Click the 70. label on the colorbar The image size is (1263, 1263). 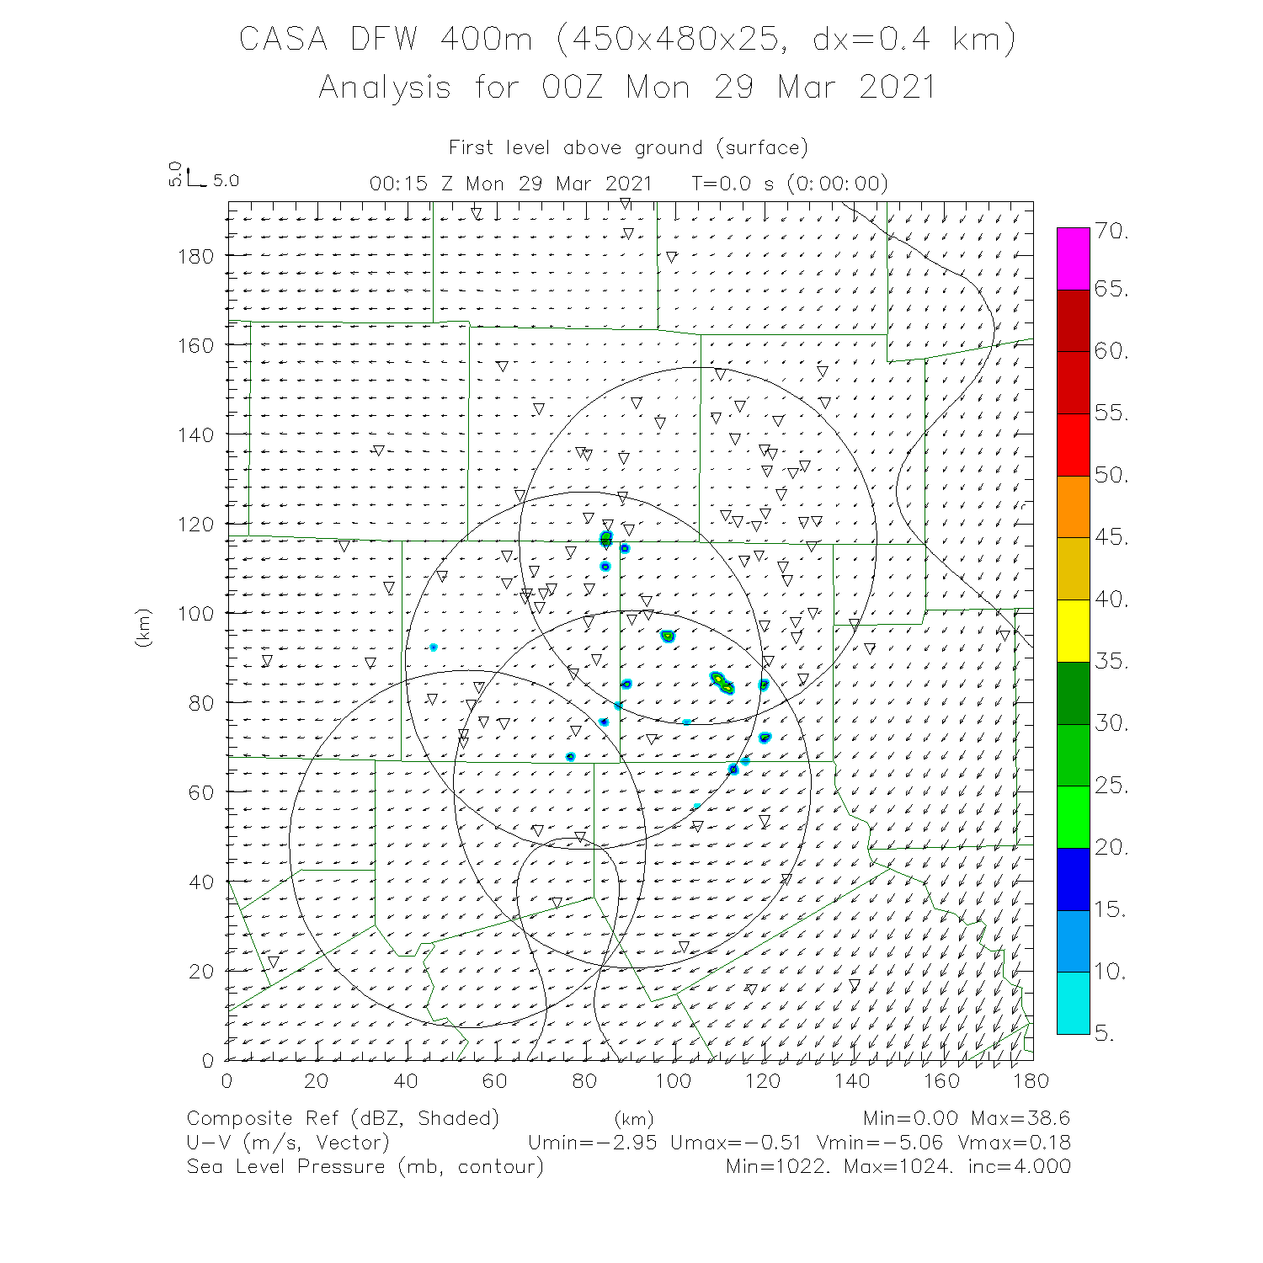click(1111, 232)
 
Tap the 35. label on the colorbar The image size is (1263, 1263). click(1111, 661)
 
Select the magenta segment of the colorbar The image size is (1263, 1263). click(1073, 259)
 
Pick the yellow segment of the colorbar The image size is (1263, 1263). click(1073, 630)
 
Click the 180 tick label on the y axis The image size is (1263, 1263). click(195, 256)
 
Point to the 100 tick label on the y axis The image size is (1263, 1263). click(195, 613)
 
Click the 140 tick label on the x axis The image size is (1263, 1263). click(852, 1081)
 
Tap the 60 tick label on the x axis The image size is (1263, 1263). click(495, 1081)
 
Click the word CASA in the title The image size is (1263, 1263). click(283, 40)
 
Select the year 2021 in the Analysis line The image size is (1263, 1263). click(898, 88)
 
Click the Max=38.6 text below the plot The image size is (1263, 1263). click(1020, 1118)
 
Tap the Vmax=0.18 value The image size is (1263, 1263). click(1020, 1143)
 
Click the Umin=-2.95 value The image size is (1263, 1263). click(592, 1143)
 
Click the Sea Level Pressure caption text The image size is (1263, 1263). click(285, 1167)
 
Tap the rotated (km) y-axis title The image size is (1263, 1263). click(143, 628)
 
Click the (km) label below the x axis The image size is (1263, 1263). click(633, 1120)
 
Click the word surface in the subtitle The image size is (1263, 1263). click(761, 148)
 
